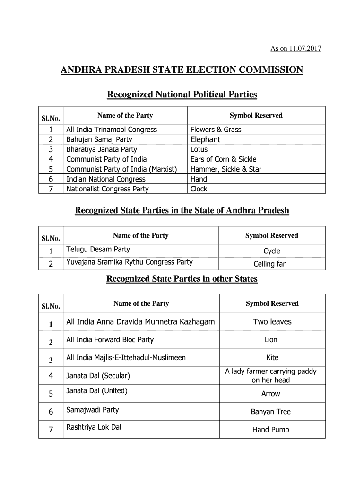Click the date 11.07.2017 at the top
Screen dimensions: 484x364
(304, 49)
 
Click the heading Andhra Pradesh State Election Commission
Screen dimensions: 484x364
(182, 70)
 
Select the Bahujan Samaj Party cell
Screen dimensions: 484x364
(99, 139)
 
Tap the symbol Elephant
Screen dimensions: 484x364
(205, 139)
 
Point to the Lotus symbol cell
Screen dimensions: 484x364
(199, 149)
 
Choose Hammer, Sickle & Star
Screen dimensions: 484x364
(225, 169)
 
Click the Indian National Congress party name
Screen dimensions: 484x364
(106, 179)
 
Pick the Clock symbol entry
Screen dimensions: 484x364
(199, 189)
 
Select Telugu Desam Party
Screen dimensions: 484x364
(98, 249)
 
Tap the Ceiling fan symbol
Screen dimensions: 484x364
(270, 264)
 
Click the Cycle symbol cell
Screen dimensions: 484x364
(271, 251)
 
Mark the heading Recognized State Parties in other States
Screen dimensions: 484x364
(182, 279)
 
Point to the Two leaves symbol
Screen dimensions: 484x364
(272, 322)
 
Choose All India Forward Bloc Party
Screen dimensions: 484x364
(110, 339)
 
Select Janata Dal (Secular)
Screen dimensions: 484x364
(98, 376)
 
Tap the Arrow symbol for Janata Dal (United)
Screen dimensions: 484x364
(270, 394)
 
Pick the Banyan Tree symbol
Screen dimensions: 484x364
(270, 412)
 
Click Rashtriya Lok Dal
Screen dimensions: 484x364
(94, 427)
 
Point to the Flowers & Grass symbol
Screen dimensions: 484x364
(216, 130)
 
